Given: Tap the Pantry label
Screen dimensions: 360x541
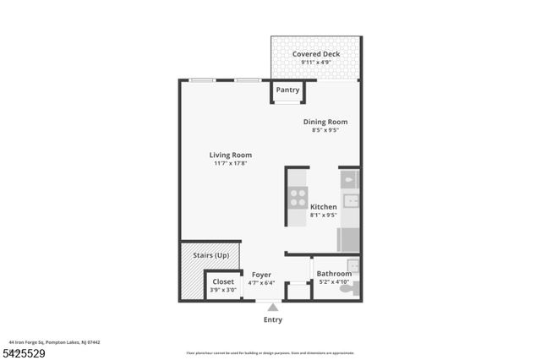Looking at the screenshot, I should pyautogui.click(x=288, y=90).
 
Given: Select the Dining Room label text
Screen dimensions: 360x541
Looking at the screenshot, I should pyautogui.click(x=325, y=122).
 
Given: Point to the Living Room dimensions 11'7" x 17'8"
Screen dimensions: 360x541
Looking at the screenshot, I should pyautogui.click(x=231, y=163).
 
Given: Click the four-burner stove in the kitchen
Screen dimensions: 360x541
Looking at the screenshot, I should pyautogui.click(x=298, y=197).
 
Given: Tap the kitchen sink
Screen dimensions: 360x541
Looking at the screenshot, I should pyautogui.click(x=350, y=201).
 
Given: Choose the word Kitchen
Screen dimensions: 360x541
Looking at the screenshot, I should pyautogui.click(x=324, y=206).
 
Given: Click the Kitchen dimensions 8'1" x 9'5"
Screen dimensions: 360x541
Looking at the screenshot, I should pyautogui.click(x=324, y=215).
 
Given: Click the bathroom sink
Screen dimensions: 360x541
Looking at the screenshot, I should pyautogui.click(x=353, y=266).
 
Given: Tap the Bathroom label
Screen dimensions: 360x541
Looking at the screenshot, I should pyautogui.click(x=334, y=274).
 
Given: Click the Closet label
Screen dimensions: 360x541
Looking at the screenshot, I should pyautogui.click(x=223, y=281).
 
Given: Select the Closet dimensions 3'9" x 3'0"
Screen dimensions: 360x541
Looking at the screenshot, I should pyautogui.click(x=223, y=290).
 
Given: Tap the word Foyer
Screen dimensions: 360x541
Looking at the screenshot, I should pyautogui.click(x=261, y=275).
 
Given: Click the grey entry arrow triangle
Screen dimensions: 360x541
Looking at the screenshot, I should pyautogui.click(x=272, y=308).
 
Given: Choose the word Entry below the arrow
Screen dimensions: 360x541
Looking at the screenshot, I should pyautogui.click(x=272, y=319).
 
